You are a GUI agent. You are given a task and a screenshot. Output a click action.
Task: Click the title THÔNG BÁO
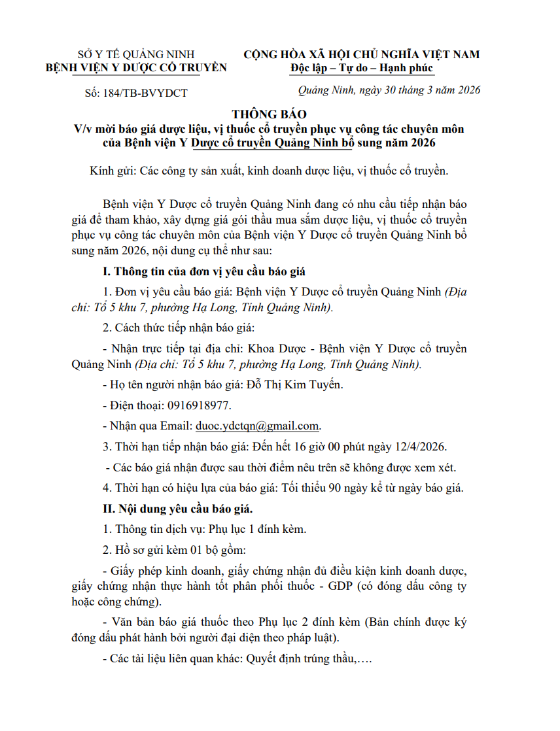click(269, 114)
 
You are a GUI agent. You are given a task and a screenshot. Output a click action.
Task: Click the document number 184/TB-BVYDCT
click(145, 93)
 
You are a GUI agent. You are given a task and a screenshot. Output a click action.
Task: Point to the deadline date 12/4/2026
click(419, 447)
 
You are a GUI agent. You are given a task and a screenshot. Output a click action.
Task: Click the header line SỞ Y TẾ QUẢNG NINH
click(135, 54)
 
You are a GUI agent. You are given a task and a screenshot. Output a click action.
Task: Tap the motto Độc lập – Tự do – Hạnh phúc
click(362, 68)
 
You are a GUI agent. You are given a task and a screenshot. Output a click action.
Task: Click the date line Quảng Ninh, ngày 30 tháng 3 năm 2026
click(389, 90)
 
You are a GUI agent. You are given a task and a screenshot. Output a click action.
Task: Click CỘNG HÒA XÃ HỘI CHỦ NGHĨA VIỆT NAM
click(361, 54)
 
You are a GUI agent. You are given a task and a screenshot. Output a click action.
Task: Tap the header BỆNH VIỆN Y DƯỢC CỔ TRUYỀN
click(135, 67)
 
